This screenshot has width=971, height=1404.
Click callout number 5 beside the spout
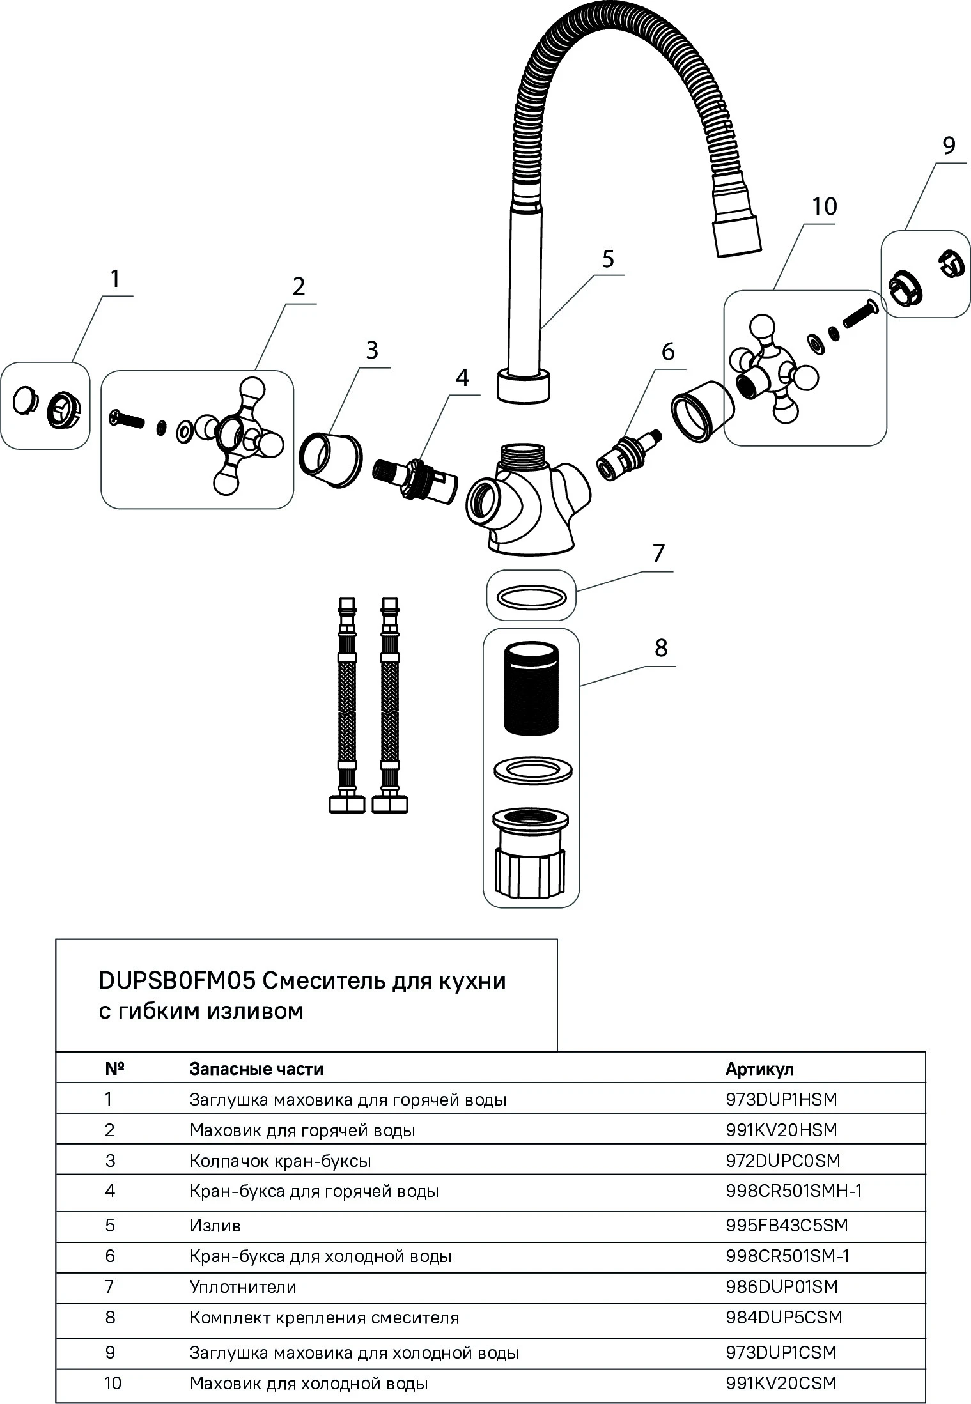(x=607, y=259)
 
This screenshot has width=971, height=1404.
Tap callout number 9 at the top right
(x=949, y=146)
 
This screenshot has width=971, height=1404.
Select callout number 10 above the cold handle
(x=824, y=206)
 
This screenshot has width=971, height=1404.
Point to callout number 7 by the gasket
(x=658, y=553)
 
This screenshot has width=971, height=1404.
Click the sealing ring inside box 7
(x=531, y=596)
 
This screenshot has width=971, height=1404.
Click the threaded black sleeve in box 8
(x=531, y=689)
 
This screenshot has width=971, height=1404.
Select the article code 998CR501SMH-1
(x=794, y=1191)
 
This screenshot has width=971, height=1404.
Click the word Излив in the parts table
(x=215, y=1225)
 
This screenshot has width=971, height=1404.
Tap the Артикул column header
(x=759, y=1069)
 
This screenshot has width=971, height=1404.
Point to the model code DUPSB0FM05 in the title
(x=176, y=981)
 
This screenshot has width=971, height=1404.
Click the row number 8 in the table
(x=110, y=1317)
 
